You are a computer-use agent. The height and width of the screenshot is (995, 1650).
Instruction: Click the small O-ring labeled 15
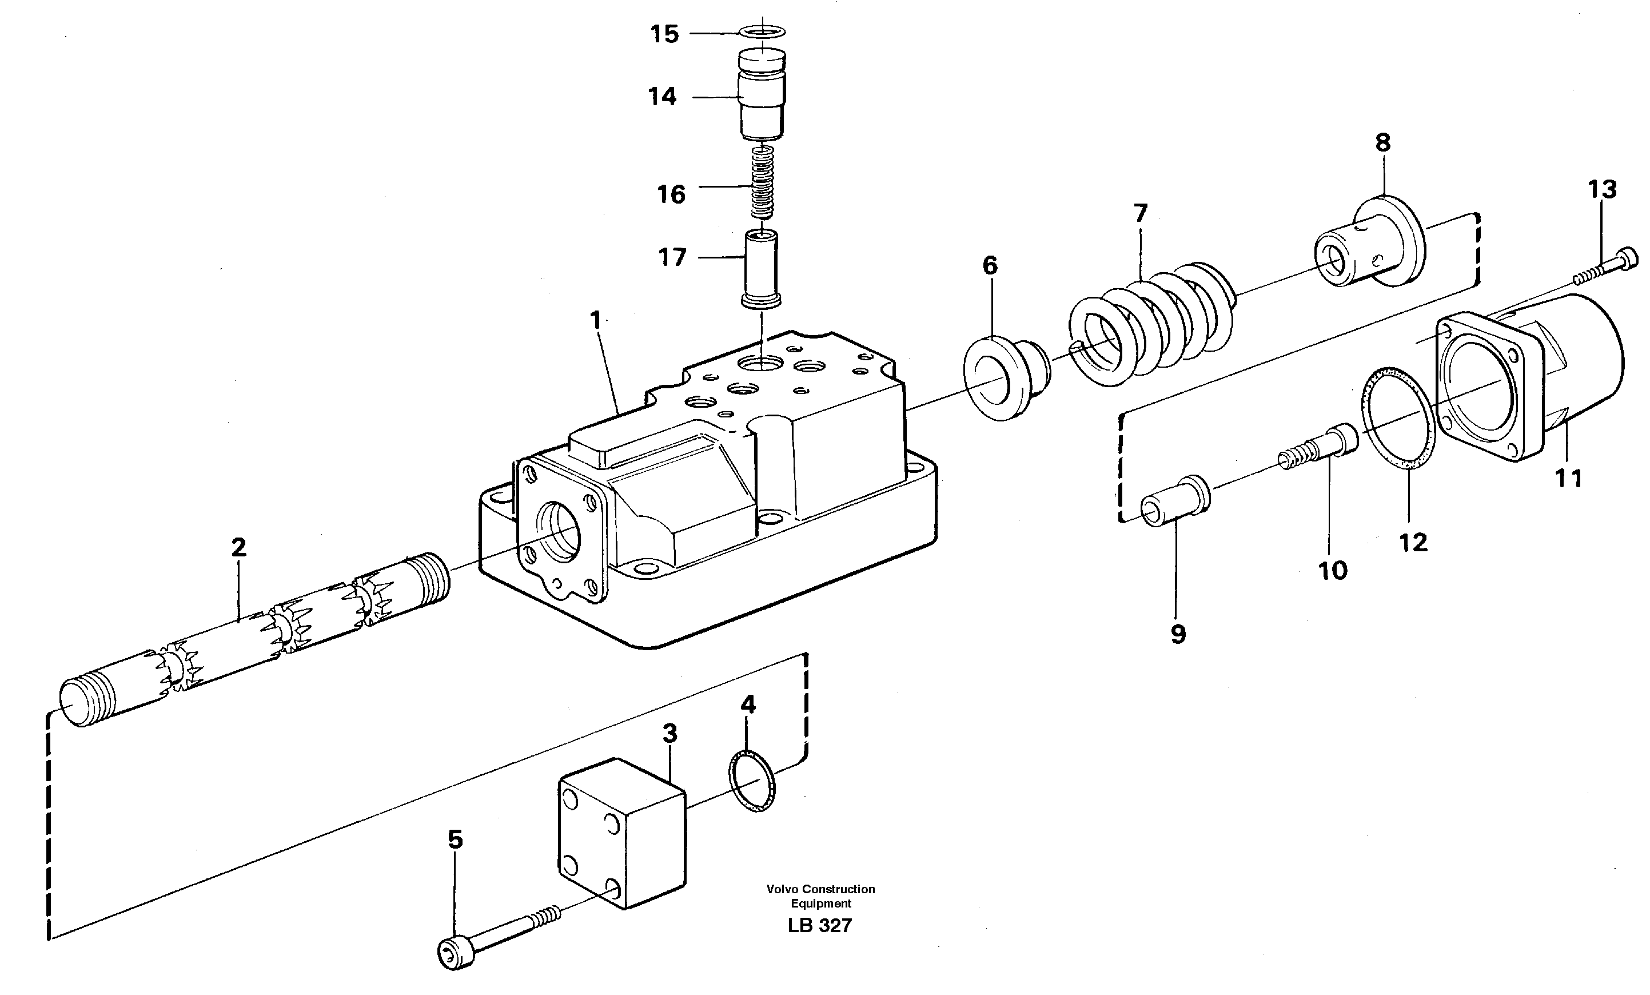point(763,31)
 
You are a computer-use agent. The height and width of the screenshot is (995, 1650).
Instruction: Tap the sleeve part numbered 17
point(762,268)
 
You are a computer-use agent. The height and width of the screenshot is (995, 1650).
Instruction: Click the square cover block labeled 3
point(621,833)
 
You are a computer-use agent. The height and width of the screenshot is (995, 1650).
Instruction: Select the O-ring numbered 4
point(751,781)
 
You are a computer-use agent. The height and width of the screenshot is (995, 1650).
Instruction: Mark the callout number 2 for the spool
point(239,548)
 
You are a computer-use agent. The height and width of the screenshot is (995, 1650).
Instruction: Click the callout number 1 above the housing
point(595,321)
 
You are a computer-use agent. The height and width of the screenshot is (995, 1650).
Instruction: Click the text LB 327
point(820,926)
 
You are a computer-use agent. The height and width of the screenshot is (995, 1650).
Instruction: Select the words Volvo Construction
point(820,889)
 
